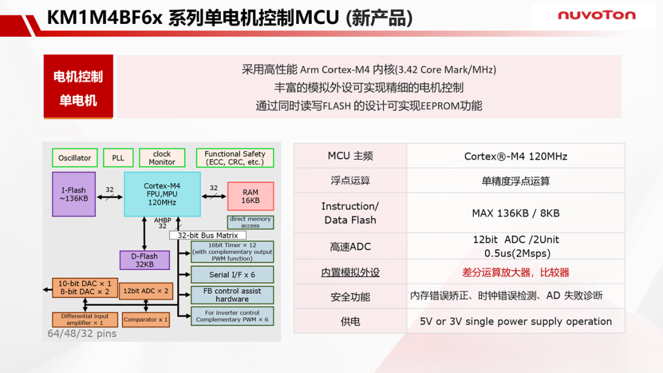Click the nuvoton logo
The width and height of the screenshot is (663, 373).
(x=596, y=15)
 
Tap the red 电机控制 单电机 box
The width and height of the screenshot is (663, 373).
(x=78, y=87)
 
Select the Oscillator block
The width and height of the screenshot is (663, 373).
(x=74, y=158)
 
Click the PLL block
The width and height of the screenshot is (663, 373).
(x=118, y=158)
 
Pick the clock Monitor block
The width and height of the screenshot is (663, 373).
(x=162, y=158)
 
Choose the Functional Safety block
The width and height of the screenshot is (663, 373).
(x=235, y=158)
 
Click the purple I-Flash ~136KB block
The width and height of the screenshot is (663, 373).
(x=74, y=194)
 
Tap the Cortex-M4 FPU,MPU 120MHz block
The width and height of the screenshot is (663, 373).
(x=162, y=194)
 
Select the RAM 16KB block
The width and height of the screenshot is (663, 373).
(x=250, y=196)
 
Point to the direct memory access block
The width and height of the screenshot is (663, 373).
(x=250, y=222)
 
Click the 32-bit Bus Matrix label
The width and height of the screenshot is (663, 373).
(x=207, y=235)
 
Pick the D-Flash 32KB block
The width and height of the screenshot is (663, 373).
(x=144, y=260)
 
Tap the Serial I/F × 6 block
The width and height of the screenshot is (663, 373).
(x=232, y=274)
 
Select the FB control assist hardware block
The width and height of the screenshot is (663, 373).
(x=232, y=295)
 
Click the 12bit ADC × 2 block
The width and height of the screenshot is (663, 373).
(x=145, y=291)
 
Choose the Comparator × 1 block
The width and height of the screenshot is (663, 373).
(x=145, y=319)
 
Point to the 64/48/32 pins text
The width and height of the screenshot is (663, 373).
(x=82, y=334)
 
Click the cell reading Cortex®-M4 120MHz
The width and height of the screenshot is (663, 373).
(x=515, y=156)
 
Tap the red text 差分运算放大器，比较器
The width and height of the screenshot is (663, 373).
(x=515, y=272)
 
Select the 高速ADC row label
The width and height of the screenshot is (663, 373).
(x=350, y=246)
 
